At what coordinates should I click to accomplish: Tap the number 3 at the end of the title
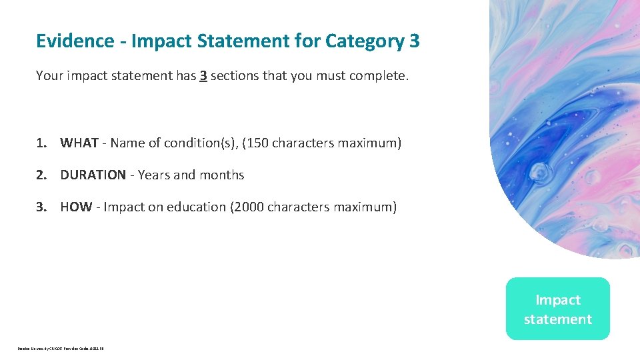pyautogui.click(x=415, y=41)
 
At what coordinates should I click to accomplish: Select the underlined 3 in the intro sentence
pyautogui.click(x=203, y=76)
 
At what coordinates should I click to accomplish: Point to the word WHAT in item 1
pyautogui.click(x=79, y=143)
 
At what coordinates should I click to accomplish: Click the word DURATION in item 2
pyautogui.click(x=93, y=175)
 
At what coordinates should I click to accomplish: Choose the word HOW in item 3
pyautogui.click(x=76, y=207)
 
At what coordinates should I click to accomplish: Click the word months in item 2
pyautogui.click(x=222, y=175)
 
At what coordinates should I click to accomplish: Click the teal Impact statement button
pyautogui.click(x=557, y=309)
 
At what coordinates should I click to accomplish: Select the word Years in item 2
pyautogui.click(x=153, y=175)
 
